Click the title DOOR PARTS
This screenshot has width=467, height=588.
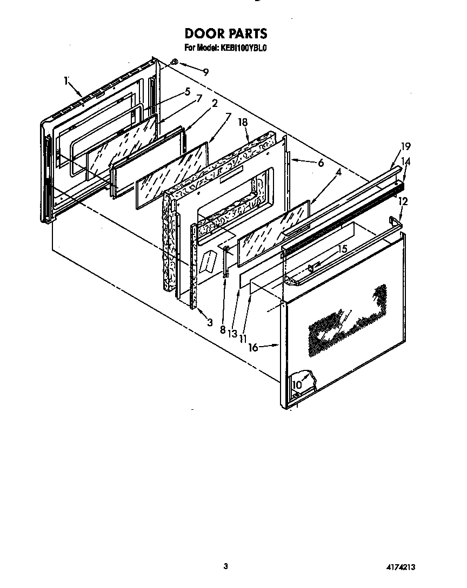pos(226,33)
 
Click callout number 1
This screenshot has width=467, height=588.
pos(66,81)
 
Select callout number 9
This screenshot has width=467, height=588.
pos(205,71)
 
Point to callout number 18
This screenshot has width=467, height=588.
pos(243,123)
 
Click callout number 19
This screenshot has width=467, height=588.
pos(406,146)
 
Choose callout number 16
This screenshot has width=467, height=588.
pos(253,348)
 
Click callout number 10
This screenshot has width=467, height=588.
pos(297,384)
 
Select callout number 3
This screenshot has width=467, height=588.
pos(209,322)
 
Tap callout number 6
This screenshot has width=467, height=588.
pos(321,163)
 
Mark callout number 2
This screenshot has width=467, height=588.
pos(215,104)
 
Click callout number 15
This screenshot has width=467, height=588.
pos(342,249)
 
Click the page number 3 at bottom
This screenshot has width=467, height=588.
pos(226,566)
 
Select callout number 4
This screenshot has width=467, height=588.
pos(338,172)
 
